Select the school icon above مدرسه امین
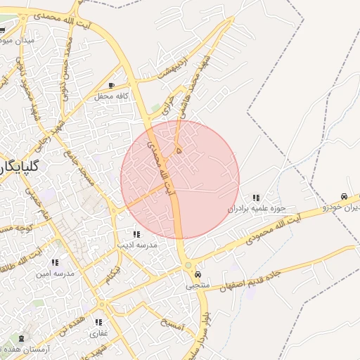coord(55,262)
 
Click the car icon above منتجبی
coord(198,274)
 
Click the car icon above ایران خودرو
coord(344,196)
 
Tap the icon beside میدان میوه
coord(2,30)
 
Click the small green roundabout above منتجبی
coord(188,264)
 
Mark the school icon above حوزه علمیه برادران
coord(256,198)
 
